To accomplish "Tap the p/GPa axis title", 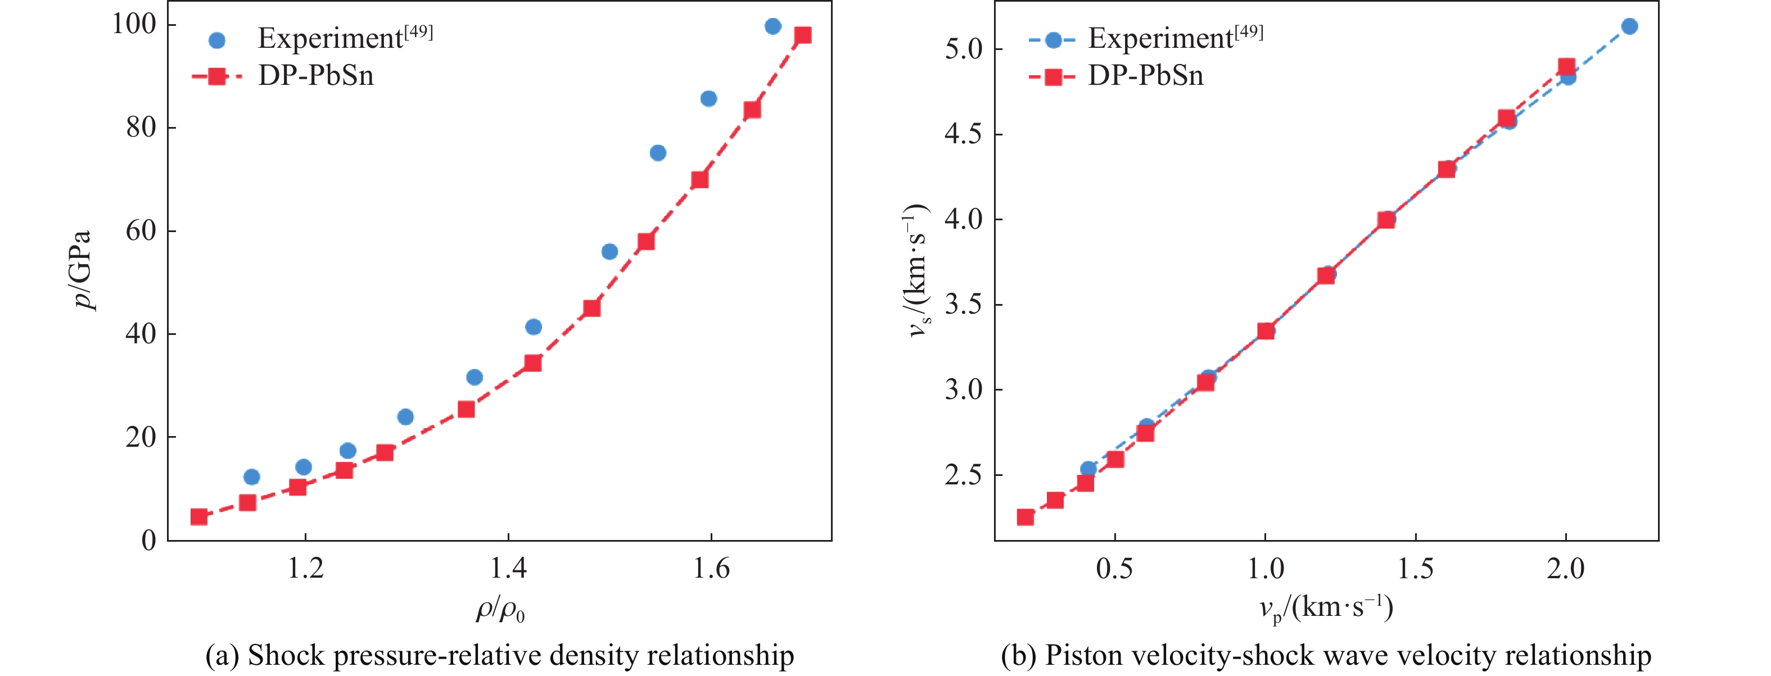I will [x=83, y=269].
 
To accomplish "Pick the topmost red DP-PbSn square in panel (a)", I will [x=802, y=35].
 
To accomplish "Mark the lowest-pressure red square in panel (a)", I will [x=198, y=516].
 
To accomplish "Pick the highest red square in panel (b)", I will [x=1566, y=67].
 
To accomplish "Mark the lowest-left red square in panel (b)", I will [x=1025, y=516].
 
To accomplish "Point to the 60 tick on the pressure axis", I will [x=141, y=231].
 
